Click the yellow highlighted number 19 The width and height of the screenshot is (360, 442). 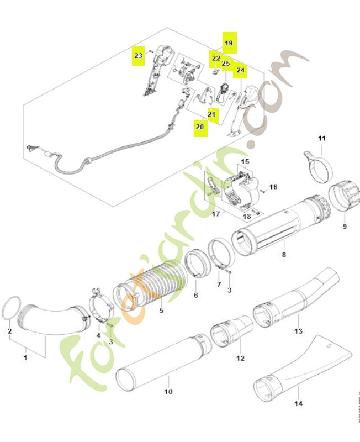(229, 42)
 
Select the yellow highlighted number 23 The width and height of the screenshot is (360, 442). (139, 55)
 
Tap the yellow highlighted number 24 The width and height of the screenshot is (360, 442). (240, 71)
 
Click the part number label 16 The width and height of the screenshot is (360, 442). (273, 187)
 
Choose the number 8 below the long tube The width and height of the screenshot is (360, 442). (284, 255)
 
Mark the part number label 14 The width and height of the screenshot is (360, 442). (298, 403)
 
